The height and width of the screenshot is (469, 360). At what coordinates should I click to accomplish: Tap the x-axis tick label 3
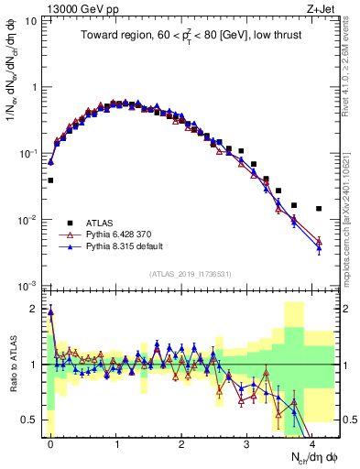click(x=247, y=442)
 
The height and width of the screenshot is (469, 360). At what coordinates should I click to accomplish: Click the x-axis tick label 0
click(x=50, y=442)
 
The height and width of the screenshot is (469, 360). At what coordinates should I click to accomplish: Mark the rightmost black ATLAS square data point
click(x=319, y=209)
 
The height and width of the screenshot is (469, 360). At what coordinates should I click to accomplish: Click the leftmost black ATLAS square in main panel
click(x=50, y=180)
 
